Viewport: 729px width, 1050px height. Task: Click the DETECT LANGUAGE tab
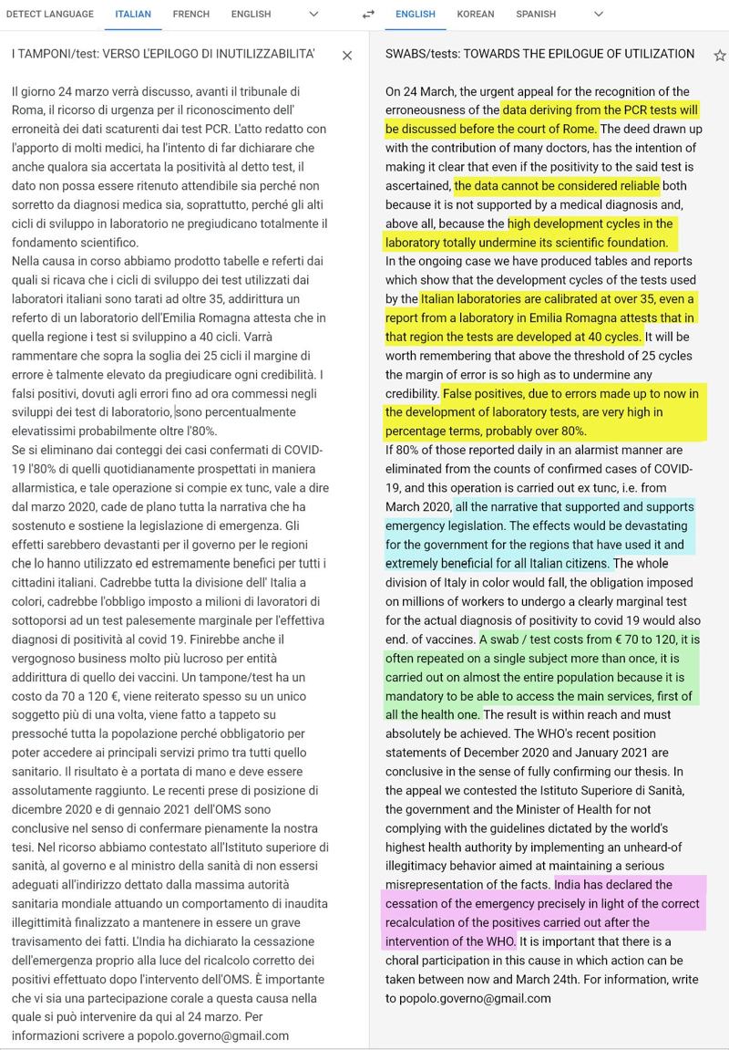click(x=50, y=15)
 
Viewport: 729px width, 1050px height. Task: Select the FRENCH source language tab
click(x=190, y=15)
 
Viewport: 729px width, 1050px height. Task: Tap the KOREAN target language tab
click(x=476, y=15)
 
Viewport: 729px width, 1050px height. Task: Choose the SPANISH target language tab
click(x=536, y=15)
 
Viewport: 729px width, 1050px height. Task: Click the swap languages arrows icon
click(x=368, y=15)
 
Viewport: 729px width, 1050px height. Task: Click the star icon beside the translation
click(x=719, y=56)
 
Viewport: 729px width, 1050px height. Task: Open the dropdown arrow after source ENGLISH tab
click(x=313, y=15)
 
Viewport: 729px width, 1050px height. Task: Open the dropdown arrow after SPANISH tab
click(x=599, y=15)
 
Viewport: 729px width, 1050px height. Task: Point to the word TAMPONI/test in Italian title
click(x=62, y=56)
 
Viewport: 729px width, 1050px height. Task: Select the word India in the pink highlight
click(x=568, y=885)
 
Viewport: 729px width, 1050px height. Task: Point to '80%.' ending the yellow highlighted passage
click(x=570, y=431)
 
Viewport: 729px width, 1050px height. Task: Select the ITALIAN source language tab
click(x=133, y=15)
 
